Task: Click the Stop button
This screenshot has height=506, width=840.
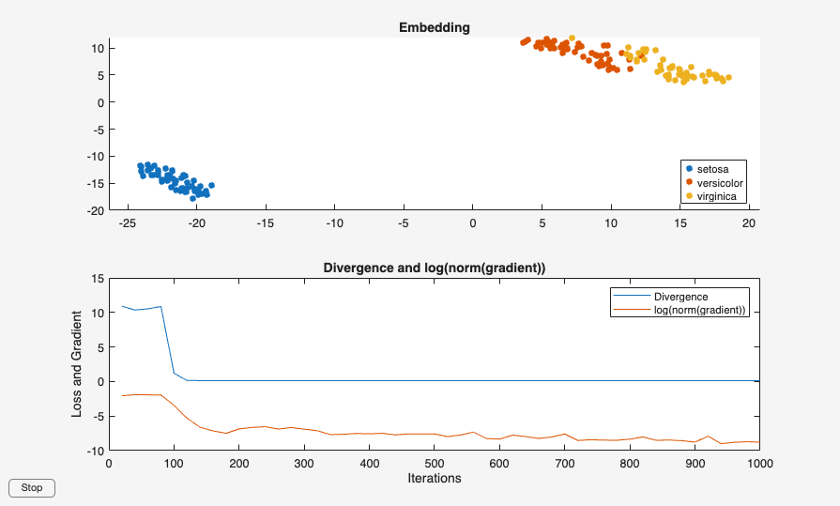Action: tap(32, 487)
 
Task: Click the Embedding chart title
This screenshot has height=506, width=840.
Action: tap(434, 27)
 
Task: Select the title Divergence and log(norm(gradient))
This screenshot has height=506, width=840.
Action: tap(434, 268)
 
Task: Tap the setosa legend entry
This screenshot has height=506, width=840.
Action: tap(715, 168)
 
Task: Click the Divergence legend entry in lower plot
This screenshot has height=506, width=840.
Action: tap(680, 297)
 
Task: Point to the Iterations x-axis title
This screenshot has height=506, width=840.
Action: tap(434, 478)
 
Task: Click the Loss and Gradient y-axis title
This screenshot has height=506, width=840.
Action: tap(78, 364)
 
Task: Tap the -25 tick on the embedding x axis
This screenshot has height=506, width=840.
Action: tap(127, 222)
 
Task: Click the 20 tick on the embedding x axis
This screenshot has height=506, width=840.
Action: tap(749, 222)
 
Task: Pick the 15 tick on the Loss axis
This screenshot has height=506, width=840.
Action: tap(96, 279)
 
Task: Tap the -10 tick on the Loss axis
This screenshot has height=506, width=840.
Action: tap(93, 451)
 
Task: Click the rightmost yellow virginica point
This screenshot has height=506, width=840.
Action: tap(728, 78)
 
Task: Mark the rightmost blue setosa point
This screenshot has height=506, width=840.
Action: tap(211, 185)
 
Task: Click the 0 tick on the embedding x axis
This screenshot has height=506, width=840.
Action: tap(472, 222)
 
